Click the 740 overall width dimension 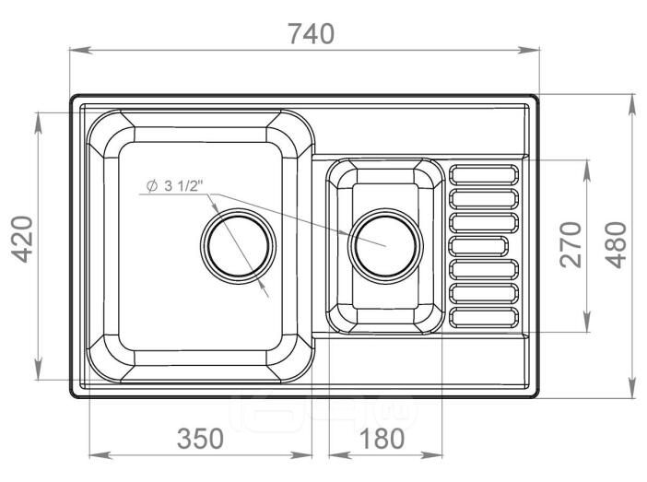pyautogui.click(x=312, y=34)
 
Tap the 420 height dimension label pyautogui.click(x=21, y=240)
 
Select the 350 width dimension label pyautogui.click(x=200, y=439)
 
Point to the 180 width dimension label pyautogui.click(x=382, y=439)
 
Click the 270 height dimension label pyautogui.click(x=571, y=245)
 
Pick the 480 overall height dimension pyautogui.click(x=616, y=245)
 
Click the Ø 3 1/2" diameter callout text pyautogui.click(x=175, y=185)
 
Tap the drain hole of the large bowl pyautogui.click(x=238, y=246)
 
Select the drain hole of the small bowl pyautogui.click(x=385, y=246)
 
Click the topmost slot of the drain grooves pyautogui.click(x=483, y=174)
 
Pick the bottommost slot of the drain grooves pyautogui.click(x=483, y=318)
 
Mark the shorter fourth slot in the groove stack pyautogui.click(x=478, y=246)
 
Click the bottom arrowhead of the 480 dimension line pyautogui.click(x=631, y=388)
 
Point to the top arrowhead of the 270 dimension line pyautogui.click(x=587, y=170)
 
